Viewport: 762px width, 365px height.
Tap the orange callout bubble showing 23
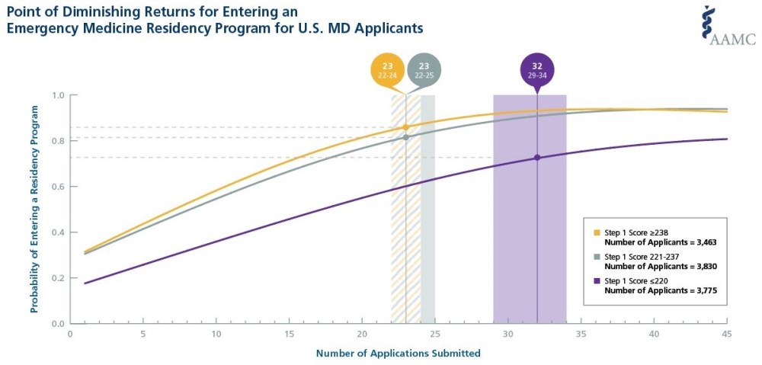pyautogui.click(x=387, y=69)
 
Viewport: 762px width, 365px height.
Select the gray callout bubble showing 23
pyautogui.click(x=424, y=69)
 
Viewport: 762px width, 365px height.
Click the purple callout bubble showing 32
pyautogui.click(x=537, y=69)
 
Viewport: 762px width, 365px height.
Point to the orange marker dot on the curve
pyautogui.click(x=405, y=127)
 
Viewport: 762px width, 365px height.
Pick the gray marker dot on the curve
pyautogui.click(x=405, y=137)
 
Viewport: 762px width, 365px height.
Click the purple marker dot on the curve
pyautogui.click(x=537, y=158)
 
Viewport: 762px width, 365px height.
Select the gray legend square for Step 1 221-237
pyautogui.click(x=597, y=258)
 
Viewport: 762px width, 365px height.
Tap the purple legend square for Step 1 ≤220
pyautogui.click(x=597, y=282)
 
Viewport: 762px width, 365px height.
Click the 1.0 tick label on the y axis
pyautogui.click(x=58, y=95)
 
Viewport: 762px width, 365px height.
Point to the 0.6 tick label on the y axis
pyautogui.click(x=58, y=187)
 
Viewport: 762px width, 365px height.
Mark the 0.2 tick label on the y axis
pyautogui.click(x=58, y=278)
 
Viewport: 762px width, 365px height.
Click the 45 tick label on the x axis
pyautogui.click(x=726, y=333)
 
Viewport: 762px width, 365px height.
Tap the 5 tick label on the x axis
pyautogui.click(x=142, y=333)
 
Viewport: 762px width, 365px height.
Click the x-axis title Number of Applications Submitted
pyautogui.click(x=398, y=353)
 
